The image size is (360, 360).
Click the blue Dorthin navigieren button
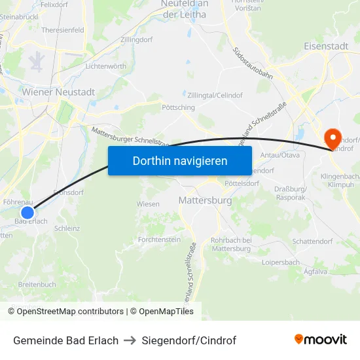coord(180,160)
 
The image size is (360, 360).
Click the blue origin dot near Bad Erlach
coord(27,212)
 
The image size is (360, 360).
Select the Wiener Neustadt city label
coord(58,92)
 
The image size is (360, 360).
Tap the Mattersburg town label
coord(205,201)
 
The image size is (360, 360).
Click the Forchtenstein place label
coord(159,240)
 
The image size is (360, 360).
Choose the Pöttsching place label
coord(178,107)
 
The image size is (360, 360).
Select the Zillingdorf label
coord(137,39)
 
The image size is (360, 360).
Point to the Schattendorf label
coord(312,242)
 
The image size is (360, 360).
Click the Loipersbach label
coord(280,262)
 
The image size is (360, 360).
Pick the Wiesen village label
coord(148,204)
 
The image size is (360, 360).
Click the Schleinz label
coord(67,228)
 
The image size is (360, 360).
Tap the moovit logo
coord(321,340)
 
